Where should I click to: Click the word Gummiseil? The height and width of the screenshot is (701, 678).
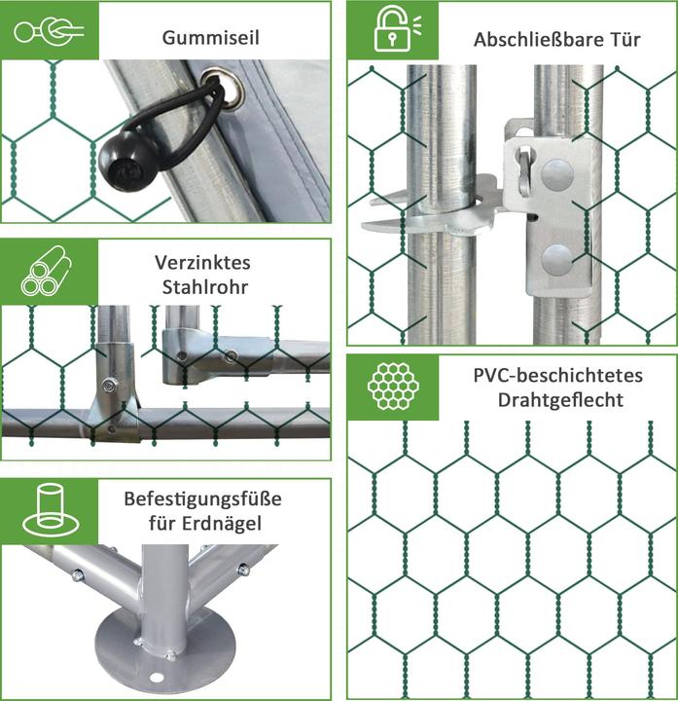point(210,38)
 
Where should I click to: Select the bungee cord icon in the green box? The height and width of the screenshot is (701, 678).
point(49,30)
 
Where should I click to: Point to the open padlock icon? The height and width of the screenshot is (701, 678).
point(393,28)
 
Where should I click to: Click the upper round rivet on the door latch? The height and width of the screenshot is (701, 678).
point(557,173)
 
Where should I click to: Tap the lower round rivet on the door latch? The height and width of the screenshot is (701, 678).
point(557,260)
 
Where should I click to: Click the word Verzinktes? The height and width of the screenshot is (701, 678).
point(202,263)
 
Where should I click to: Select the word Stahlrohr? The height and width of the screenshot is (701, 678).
point(204,287)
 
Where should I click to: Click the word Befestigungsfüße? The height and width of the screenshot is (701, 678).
point(202,498)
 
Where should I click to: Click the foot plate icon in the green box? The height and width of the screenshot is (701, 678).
point(51,509)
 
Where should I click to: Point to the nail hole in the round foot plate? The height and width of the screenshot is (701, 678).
point(157,678)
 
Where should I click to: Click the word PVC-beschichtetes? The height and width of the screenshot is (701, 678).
point(557,375)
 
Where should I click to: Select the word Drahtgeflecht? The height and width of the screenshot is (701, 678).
point(560,400)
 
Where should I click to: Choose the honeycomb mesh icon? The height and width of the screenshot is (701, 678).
point(393,387)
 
